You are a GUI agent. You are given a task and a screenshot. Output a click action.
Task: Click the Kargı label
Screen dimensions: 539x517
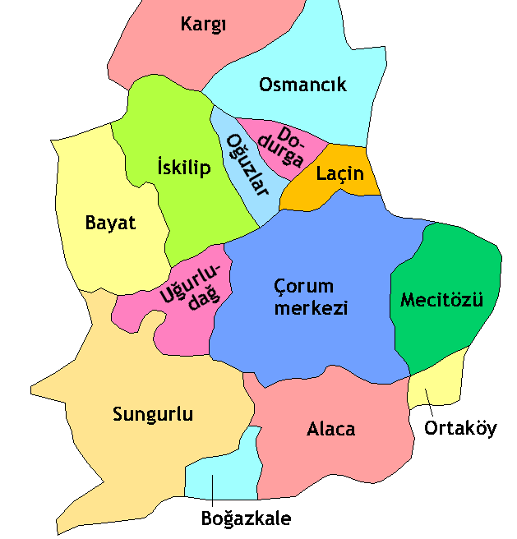203,25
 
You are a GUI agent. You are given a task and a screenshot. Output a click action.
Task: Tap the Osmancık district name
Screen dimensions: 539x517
302,85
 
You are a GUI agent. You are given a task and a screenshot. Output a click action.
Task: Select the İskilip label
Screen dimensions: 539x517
183,168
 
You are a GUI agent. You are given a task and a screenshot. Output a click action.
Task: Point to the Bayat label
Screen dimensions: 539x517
110,223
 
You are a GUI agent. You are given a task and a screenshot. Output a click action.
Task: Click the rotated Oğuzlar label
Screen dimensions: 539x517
248,164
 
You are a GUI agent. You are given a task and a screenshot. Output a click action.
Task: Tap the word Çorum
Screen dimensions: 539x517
304,287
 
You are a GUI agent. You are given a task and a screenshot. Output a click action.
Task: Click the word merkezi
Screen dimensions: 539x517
312,309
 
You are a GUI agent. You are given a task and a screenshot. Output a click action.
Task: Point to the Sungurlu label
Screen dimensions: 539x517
153,414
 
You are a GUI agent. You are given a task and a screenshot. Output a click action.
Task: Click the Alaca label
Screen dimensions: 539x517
331,429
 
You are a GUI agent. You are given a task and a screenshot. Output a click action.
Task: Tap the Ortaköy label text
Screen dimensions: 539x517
460,428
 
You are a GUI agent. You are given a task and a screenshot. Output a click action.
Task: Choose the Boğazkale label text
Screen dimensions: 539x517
246,518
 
